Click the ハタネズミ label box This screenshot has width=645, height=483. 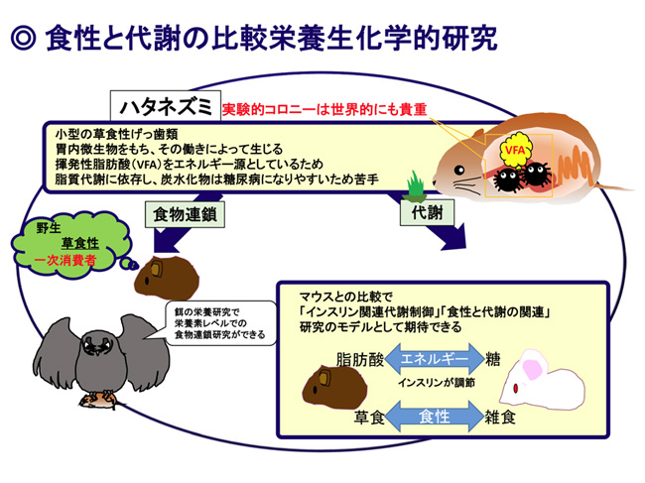pyautogui.click(x=166, y=106)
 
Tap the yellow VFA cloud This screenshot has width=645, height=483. pyautogui.click(x=515, y=150)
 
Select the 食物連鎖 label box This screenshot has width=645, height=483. pyautogui.click(x=185, y=214)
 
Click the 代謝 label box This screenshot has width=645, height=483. pyautogui.click(x=427, y=212)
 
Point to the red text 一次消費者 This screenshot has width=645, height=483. pyautogui.click(x=65, y=260)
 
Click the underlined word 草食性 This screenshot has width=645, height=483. pyautogui.click(x=80, y=243)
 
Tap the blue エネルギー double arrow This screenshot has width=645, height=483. pyautogui.click(x=434, y=358)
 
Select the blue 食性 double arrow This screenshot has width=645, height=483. pyautogui.click(x=434, y=416)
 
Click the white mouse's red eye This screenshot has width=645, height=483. pyautogui.click(x=516, y=388)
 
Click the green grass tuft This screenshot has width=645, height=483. pyautogui.click(x=416, y=184)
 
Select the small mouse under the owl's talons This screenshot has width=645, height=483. pyautogui.click(x=98, y=401)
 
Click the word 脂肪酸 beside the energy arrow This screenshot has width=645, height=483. pyautogui.click(x=360, y=359)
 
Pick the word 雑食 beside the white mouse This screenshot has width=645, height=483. pyautogui.click(x=500, y=417)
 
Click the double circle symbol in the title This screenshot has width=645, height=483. pyautogui.click(x=23, y=38)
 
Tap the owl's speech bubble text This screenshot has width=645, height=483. pyautogui.click(x=219, y=323)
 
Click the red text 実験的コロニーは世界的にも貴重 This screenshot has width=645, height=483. pyautogui.click(x=324, y=110)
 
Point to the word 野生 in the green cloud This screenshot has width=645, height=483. pyautogui.click(x=49, y=227)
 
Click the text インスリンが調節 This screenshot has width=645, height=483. pyautogui.click(x=436, y=382)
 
